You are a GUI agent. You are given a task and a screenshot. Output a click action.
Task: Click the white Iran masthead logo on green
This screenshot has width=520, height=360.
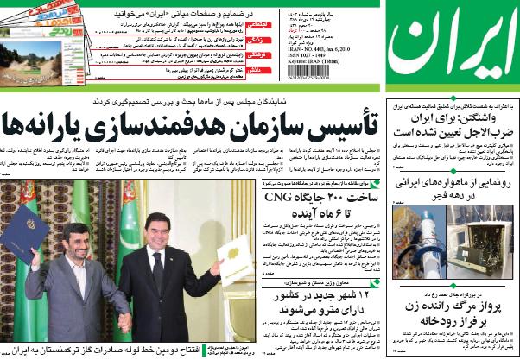tap(452, 47)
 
